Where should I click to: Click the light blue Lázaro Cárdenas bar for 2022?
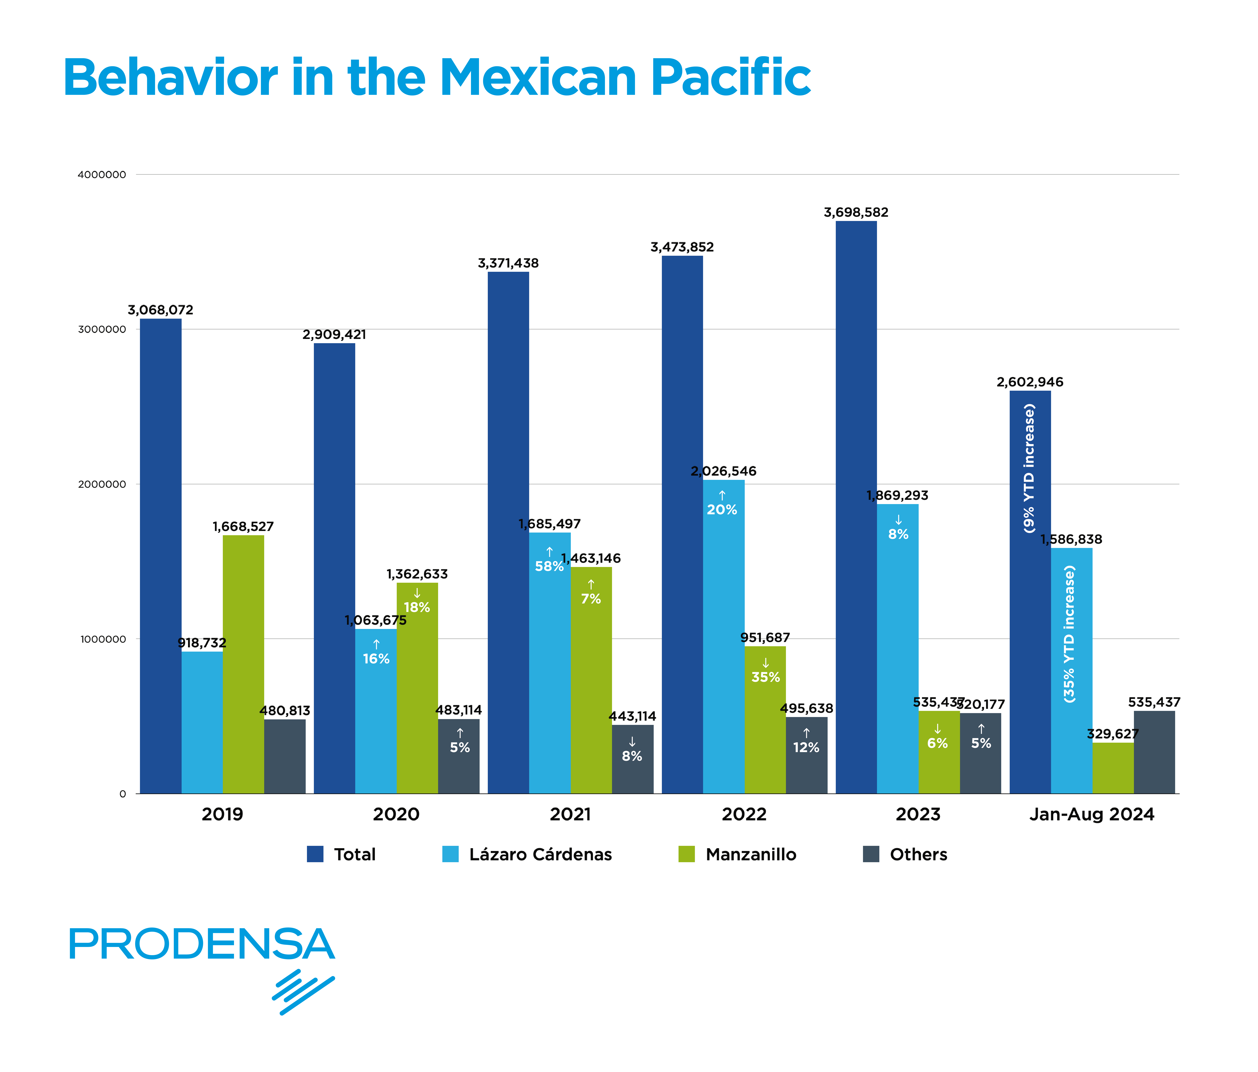tap(724, 638)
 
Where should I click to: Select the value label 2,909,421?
tap(334, 335)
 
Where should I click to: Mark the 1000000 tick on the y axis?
tap(102, 639)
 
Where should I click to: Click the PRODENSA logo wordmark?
tap(202, 944)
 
